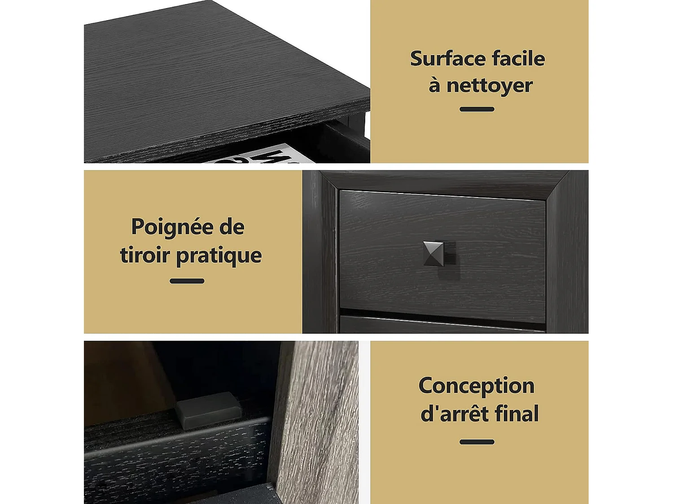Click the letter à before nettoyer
point(434,85)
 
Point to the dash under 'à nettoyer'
point(476,109)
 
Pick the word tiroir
point(144,255)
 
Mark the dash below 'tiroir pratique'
point(187,281)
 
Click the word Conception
point(476,386)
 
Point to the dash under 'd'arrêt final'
point(476,442)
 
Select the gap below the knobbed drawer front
point(442,314)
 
